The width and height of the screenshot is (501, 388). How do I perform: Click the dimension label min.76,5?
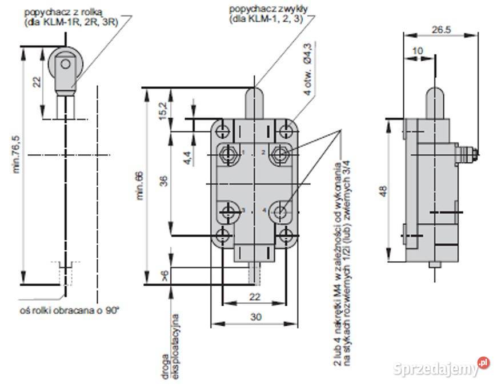[x=15, y=155]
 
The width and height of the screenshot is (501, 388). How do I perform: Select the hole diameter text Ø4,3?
[x=308, y=53]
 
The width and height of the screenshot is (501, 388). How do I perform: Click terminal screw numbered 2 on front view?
[x=280, y=153]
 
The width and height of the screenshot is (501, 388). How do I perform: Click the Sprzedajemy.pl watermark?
[x=442, y=368]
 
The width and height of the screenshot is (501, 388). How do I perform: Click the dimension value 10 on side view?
[x=418, y=51]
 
